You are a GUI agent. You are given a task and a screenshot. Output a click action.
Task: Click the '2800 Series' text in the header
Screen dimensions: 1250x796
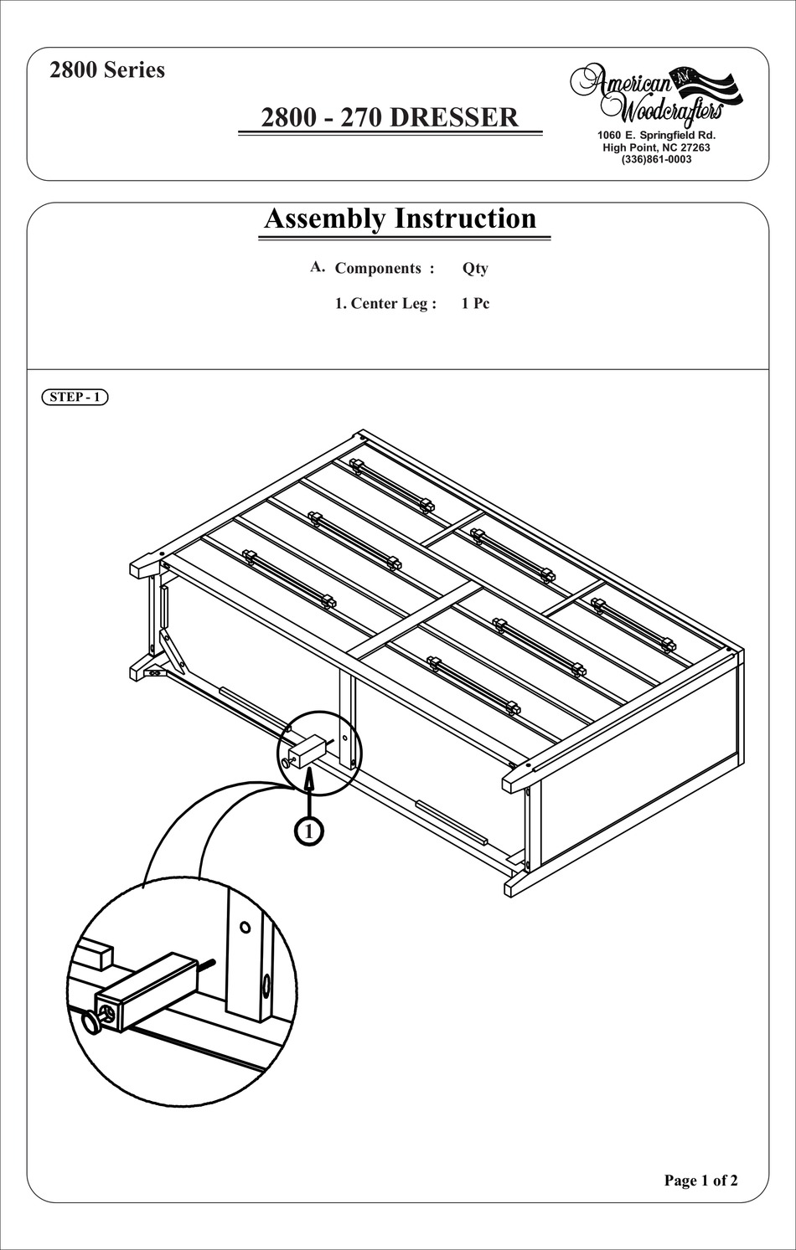click(107, 70)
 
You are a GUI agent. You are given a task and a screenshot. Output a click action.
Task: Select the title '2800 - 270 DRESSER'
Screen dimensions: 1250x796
click(390, 117)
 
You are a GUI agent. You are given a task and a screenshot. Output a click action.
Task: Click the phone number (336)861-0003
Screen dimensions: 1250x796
click(656, 159)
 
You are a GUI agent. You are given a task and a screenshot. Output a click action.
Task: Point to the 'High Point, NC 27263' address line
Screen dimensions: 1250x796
click(656, 147)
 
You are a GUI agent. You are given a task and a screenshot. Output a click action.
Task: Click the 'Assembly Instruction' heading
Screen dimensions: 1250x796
click(401, 219)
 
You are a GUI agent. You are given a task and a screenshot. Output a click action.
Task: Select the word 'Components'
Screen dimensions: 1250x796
click(379, 269)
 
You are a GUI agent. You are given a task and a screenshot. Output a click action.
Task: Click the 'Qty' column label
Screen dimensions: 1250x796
click(475, 269)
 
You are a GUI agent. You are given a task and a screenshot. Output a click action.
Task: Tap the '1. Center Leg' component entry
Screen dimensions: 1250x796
click(385, 304)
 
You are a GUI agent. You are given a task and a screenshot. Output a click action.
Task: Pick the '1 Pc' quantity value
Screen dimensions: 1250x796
click(475, 304)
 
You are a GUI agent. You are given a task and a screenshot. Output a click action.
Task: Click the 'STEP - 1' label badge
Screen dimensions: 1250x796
click(75, 397)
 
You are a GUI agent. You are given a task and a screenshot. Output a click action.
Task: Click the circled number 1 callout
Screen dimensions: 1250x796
click(309, 831)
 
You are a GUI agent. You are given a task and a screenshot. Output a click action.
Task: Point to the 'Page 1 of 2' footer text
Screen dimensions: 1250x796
click(700, 1181)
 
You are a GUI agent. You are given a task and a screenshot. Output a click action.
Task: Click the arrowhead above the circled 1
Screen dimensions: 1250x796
click(309, 780)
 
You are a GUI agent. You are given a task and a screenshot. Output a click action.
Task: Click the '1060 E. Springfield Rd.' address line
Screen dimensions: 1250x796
click(656, 135)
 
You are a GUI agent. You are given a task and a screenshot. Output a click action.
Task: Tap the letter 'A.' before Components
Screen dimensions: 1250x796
click(317, 267)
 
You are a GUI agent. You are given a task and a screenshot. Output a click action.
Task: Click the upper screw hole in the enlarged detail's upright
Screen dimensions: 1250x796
click(245, 928)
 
